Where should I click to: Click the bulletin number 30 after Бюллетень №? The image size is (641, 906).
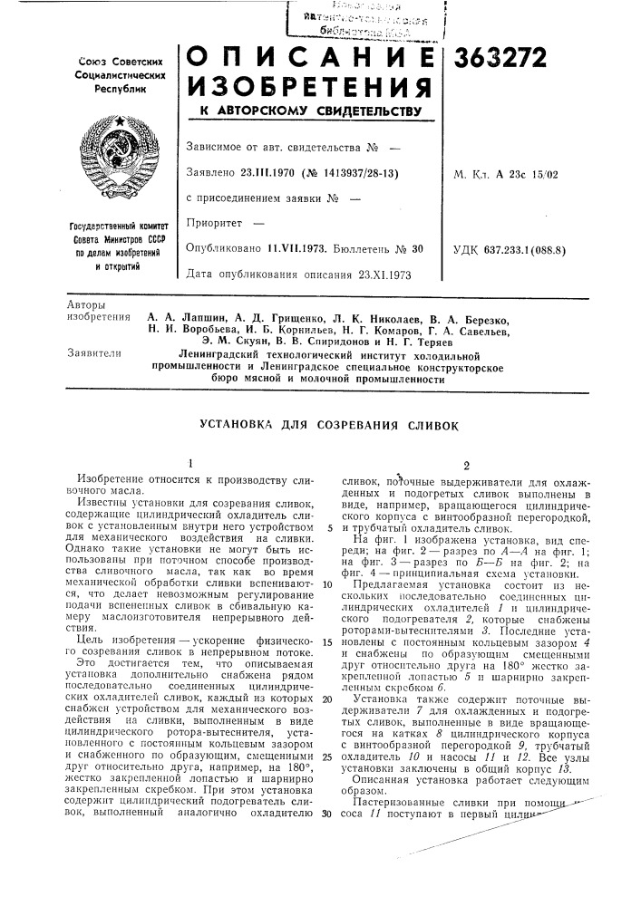(418, 246)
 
